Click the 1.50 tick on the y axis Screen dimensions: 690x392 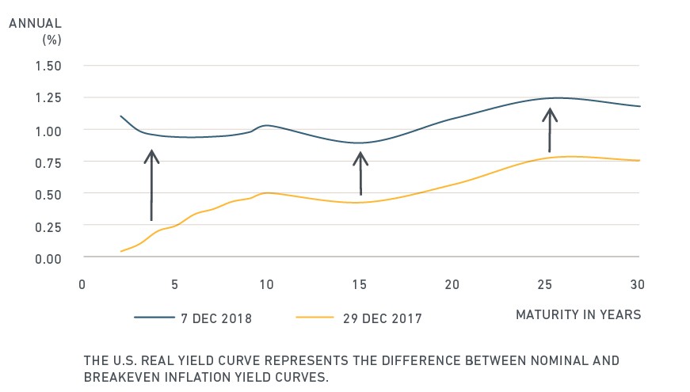pyautogui.click(x=48, y=66)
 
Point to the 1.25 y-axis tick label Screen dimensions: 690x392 pyautogui.click(x=48, y=97)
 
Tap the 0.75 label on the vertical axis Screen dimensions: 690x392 pyautogui.click(x=48, y=163)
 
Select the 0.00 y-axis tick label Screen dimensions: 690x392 pyautogui.click(x=48, y=259)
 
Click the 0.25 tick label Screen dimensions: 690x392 pyautogui.click(x=48, y=227)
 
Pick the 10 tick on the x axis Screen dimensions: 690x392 pyautogui.click(x=266, y=284)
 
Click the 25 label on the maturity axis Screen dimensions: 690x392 pyautogui.click(x=544, y=284)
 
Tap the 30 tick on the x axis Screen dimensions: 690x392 pyautogui.click(x=637, y=284)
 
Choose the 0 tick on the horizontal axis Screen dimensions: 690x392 pyautogui.click(x=82, y=284)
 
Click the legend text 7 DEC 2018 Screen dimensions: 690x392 pyautogui.click(x=216, y=318)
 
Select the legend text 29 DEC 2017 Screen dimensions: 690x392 pyautogui.click(x=383, y=318)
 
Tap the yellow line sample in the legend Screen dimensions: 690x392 pyautogui.click(x=315, y=318)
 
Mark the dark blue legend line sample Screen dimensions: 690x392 pyautogui.click(x=154, y=318)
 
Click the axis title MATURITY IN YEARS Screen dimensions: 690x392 pyautogui.click(x=578, y=314)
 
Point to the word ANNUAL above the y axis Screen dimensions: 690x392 pyautogui.click(x=35, y=23)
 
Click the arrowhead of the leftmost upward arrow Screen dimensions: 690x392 pyautogui.click(x=151, y=156)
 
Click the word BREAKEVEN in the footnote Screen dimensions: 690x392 pyautogui.click(x=122, y=378)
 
